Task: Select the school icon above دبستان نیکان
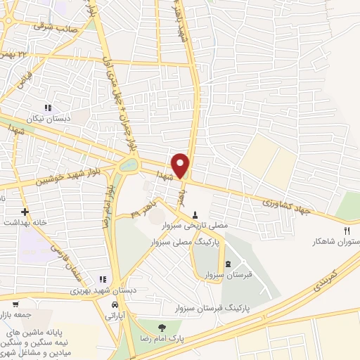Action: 48,108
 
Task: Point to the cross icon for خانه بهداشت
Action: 25,211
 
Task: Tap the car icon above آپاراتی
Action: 113,306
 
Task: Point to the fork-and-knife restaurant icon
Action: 346,231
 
